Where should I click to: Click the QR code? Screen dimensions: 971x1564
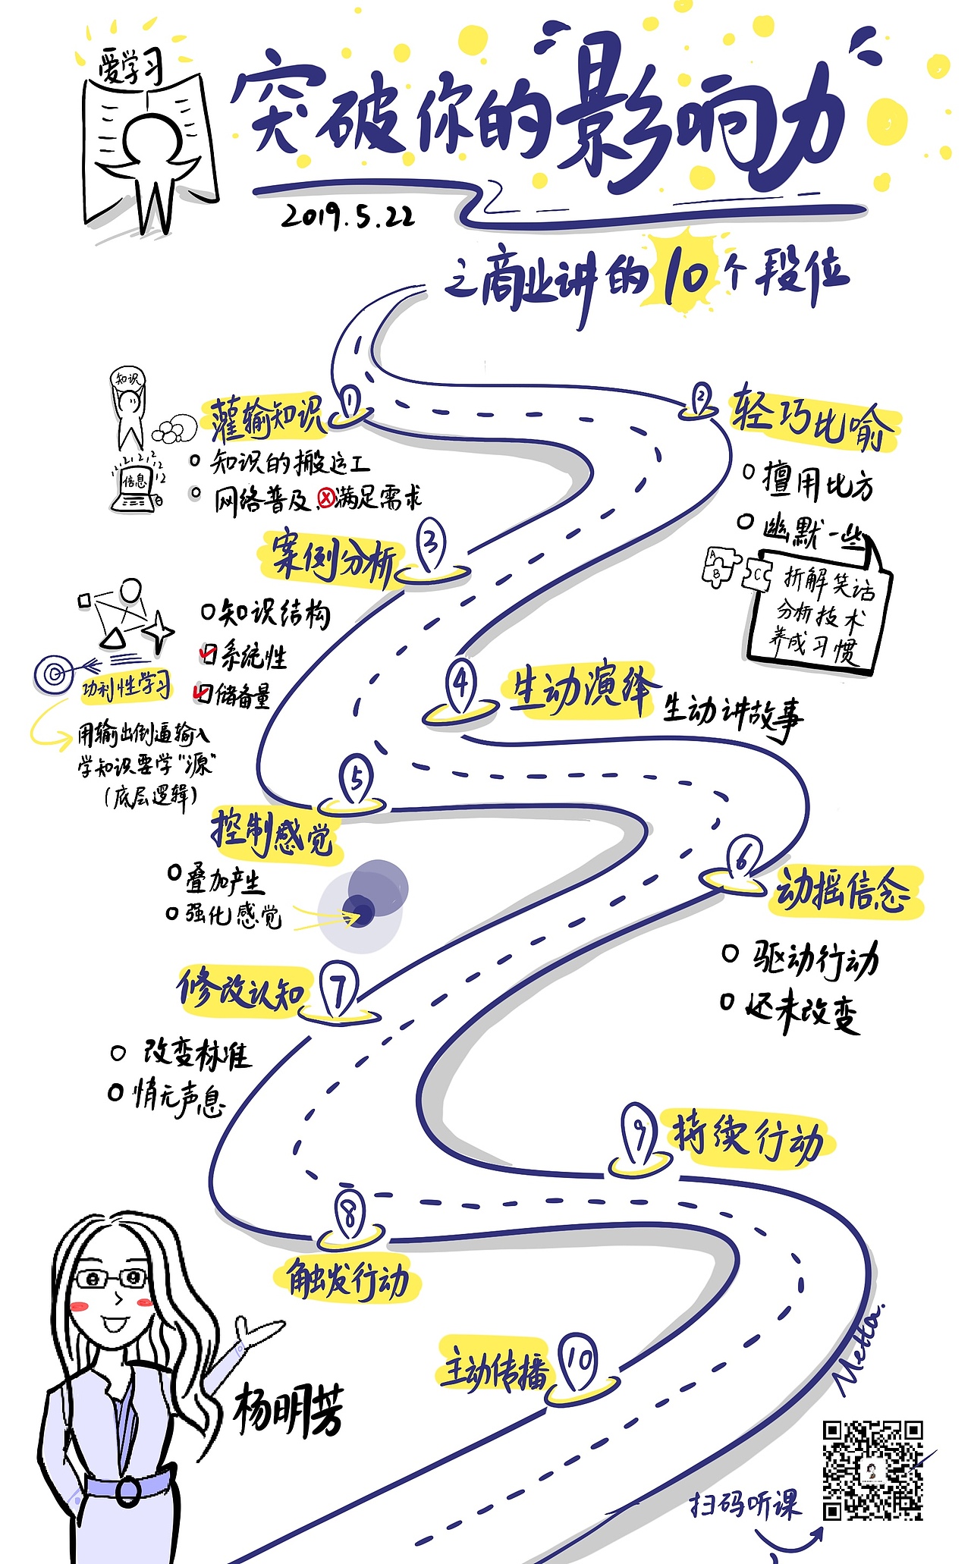[872, 1470]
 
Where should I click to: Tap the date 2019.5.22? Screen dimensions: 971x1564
[348, 216]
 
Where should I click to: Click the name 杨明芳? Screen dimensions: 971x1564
[288, 1409]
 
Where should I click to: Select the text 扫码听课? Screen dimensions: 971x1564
[744, 1503]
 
